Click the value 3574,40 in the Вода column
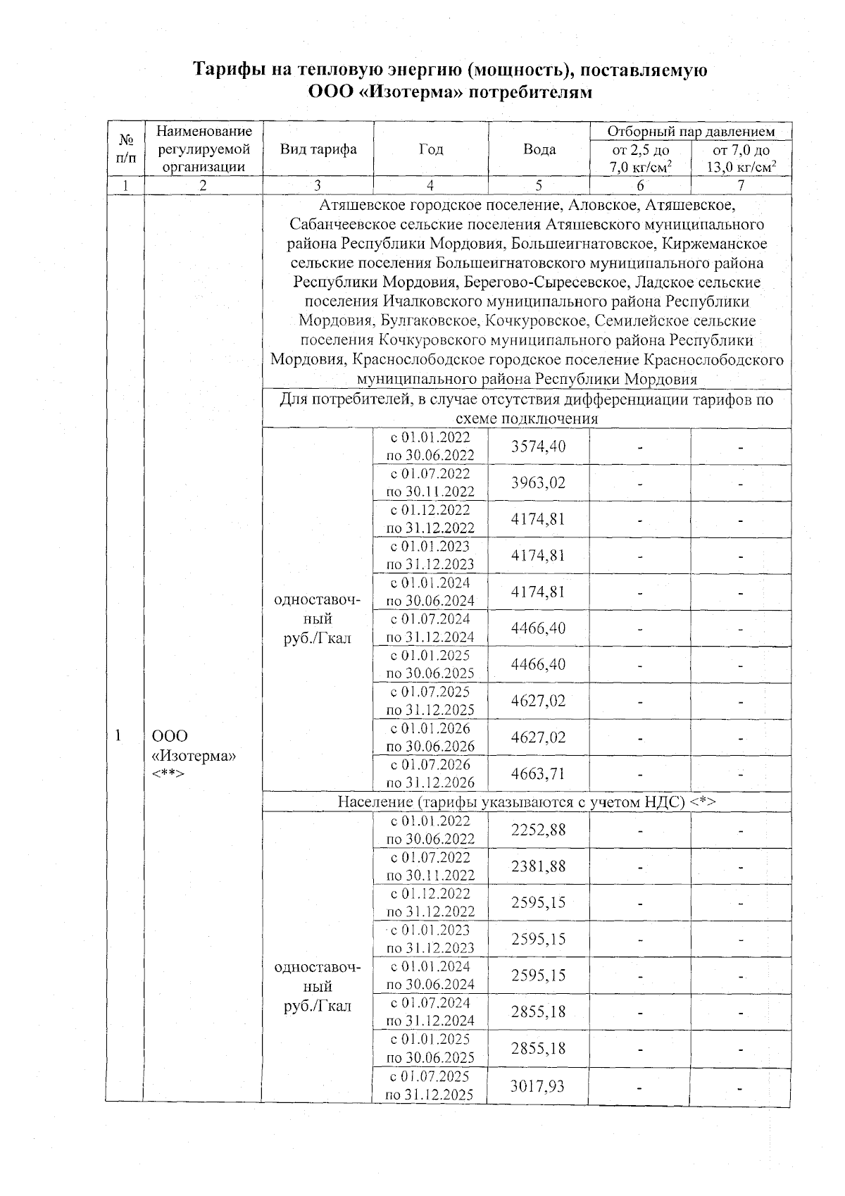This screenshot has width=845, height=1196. pos(538,447)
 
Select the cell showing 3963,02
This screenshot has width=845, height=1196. pos(538,483)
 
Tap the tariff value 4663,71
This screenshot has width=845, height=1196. pos(538,773)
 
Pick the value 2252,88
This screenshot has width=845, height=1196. pos(538,830)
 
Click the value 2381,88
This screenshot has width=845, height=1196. pos(538,866)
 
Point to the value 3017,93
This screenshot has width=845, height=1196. pos(538,1085)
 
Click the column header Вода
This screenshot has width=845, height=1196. pos(539,149)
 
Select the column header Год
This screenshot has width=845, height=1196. pos(430,149)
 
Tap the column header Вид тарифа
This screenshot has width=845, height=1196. pos(318,149)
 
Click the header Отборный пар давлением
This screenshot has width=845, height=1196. pos(690,132)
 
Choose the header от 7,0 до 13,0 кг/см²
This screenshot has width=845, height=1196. pos(741,158)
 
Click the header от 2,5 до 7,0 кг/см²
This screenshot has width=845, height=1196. pos(640,158)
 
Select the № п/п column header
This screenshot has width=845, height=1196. pos(125,149)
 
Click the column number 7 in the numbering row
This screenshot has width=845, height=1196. pos(741,185)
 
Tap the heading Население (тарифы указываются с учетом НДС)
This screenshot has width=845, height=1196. pos(526,802)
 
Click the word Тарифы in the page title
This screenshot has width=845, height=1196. pos(230,70)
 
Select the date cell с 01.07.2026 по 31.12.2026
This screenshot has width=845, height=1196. pos(430,773)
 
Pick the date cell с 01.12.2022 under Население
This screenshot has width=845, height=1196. pos(430,903)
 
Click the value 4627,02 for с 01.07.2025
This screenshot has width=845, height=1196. pos(538,701)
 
